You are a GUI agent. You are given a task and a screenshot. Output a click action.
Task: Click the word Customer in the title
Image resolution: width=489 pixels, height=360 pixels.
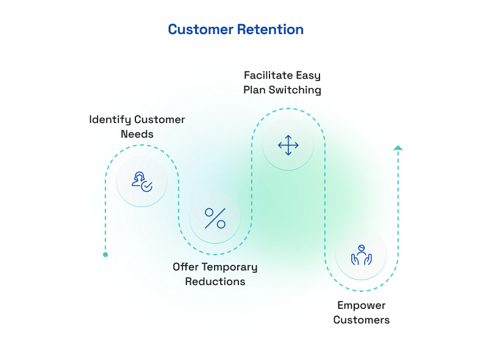coord(201,30)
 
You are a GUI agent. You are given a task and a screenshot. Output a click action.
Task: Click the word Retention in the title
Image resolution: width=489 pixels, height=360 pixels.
coord(270,30)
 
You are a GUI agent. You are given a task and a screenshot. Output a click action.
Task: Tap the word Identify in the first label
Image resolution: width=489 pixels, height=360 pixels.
coord(110,119)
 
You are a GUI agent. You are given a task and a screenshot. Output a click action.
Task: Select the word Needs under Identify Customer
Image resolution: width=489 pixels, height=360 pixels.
coord(137,134)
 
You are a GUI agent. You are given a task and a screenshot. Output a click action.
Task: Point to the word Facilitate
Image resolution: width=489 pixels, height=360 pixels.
coord(268,75)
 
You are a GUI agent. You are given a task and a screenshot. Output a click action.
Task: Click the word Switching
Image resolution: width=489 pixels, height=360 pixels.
coord(294,90)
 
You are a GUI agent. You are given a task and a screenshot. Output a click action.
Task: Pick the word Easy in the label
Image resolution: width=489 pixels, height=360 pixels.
coord(308,76)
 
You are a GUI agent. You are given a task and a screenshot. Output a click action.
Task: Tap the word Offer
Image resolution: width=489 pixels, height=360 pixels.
coord(185,267)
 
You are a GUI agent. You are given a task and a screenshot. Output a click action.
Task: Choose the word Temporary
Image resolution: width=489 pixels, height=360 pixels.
coord(229,267)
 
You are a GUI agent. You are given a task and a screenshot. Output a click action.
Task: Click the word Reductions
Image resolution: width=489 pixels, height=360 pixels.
coord(215,281)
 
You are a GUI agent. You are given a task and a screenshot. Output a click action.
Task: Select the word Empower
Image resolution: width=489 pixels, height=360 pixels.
coord(361,306)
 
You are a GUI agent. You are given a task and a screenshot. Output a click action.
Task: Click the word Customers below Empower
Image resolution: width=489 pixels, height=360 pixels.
coord(361,320)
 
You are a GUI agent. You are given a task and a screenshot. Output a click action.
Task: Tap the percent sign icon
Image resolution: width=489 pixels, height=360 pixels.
coord(215,218)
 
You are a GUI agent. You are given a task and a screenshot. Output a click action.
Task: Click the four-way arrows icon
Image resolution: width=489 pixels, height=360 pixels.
coord(288,145)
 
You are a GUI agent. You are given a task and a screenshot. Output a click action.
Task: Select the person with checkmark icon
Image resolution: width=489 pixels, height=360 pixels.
coord(142,182)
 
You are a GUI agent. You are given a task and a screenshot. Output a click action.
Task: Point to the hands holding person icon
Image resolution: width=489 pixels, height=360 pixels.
coord(361,255)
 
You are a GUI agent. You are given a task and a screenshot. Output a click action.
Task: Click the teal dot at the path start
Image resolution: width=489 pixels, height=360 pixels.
coord(105,255)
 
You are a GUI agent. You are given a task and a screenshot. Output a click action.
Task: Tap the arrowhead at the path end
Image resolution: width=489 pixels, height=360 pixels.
coord(398,148)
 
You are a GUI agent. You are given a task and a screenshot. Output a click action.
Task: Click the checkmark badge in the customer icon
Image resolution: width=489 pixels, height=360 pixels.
coord(146,186)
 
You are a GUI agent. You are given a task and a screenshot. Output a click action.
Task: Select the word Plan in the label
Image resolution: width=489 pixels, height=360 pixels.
coord(254,90)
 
